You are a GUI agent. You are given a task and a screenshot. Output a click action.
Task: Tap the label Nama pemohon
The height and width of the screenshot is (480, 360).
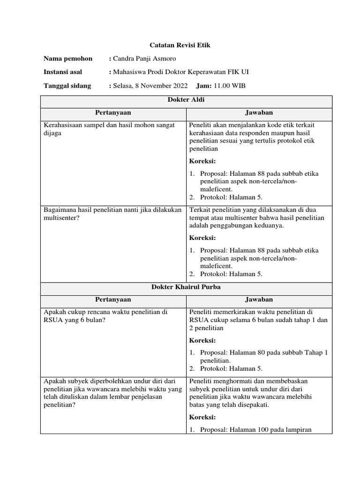tap(68, 59)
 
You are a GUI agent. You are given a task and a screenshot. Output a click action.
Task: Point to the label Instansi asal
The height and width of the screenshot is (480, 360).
tap(63, 72)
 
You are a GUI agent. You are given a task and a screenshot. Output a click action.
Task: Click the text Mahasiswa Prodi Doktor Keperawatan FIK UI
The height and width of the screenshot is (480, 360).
tap(181, 72)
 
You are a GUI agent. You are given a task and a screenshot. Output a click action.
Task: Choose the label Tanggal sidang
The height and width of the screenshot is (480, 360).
tap(67, 86)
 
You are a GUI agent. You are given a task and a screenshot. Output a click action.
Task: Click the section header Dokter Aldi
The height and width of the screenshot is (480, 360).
tap(186, 100)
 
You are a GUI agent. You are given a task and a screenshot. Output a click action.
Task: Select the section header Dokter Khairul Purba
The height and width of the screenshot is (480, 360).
tap(186, 287)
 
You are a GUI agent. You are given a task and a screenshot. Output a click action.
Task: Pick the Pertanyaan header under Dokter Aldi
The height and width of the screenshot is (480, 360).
tap(113, 113)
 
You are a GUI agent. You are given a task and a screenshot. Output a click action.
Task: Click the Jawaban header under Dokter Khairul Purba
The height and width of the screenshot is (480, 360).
tap(259, 300)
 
